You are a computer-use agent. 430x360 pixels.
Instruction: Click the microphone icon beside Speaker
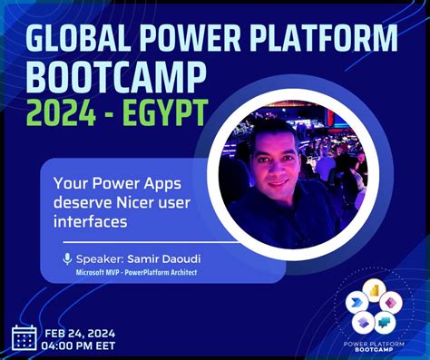(x=67, y=259)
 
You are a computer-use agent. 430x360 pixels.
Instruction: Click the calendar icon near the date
(x=24, y=337)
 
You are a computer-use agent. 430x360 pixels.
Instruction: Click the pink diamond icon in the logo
(x=390, y=302)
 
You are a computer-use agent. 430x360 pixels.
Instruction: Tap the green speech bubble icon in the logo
(x=384, y=321)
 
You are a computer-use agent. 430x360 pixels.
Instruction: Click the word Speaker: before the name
(x=100, y=259)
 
